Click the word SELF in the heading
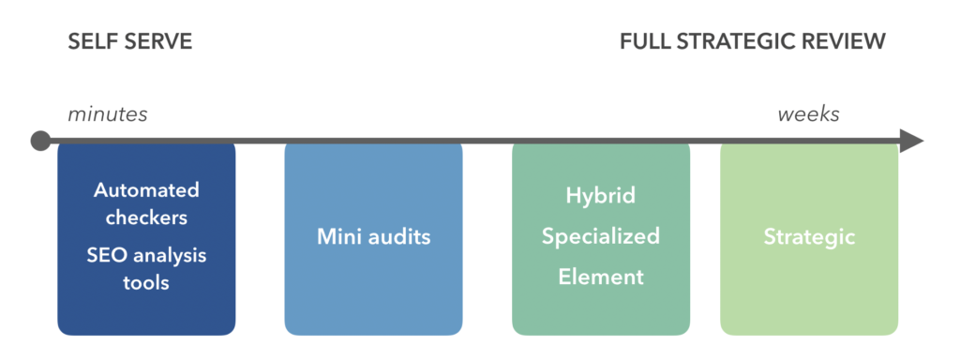click(90, 42)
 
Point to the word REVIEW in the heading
click(847, 42)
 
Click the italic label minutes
click(107, 114)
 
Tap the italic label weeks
click(808, 114)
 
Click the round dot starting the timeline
click(40, 142)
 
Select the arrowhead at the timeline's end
click(910, 142)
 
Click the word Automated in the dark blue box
click(146, 190)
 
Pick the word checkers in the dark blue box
click(146, 217)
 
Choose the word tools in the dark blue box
click(146, 282)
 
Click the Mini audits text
click(373, 237)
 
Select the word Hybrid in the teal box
click(601, 196)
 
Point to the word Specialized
click(601, 236)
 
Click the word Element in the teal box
click(601, 277)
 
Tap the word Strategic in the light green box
click(809, 237)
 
